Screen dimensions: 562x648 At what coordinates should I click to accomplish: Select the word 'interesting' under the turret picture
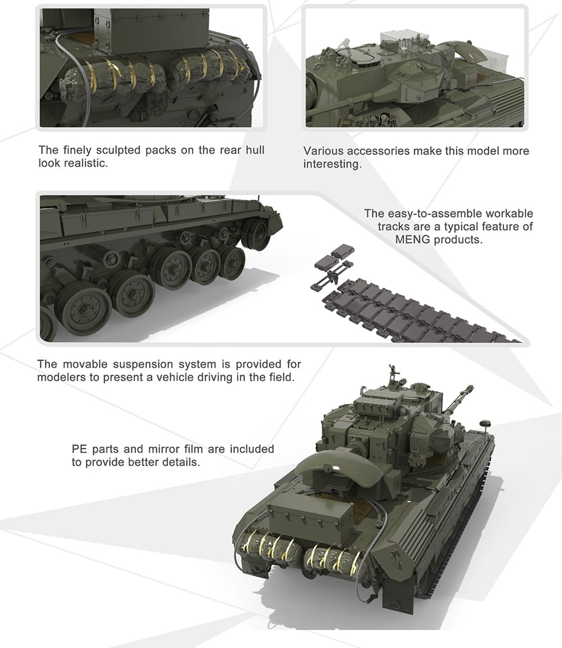[x=332, y=164]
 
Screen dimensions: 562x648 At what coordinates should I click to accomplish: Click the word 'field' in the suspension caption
[x=280, y=377]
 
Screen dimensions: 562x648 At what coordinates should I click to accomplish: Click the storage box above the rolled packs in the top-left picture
[x=151, y=31]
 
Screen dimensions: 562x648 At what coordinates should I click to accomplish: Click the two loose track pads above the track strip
[x=334, y=257]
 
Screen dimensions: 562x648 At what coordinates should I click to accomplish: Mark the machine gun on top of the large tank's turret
[x=395, y=374]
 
